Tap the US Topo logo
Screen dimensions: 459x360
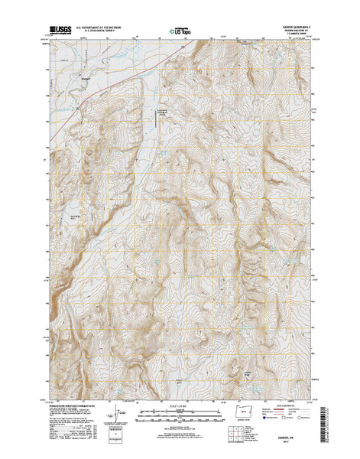point(180,24)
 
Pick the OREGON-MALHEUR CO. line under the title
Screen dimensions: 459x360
point(294,25)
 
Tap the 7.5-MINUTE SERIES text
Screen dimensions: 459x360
point(294,29)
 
